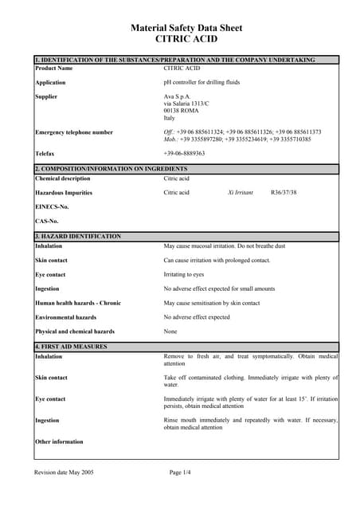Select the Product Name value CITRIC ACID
182,69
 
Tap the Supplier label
46,96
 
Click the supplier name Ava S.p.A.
178,96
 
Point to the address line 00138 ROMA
182,111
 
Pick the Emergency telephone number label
74,132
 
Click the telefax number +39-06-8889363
184,153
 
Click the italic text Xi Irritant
240,193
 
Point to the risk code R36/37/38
284,193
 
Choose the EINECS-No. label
53,207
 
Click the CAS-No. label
47,221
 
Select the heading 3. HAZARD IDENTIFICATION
78,237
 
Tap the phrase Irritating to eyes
184,274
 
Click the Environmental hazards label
65,317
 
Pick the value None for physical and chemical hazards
170,331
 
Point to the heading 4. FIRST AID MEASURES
72,347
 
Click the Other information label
59,441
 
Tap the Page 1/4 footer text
181,473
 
